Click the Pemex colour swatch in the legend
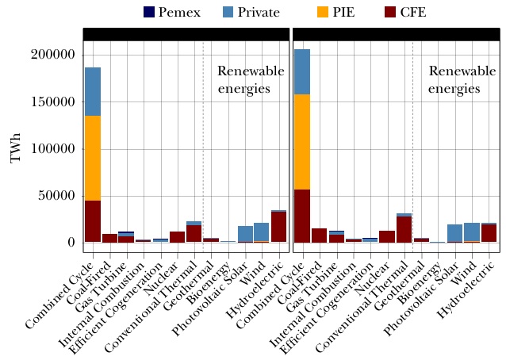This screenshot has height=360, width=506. tap(150, 12)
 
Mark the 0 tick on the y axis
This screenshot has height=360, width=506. tap(70, 243)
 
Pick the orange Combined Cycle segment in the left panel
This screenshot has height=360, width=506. tap(93, 158)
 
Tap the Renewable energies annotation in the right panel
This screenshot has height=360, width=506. tap(457, 79)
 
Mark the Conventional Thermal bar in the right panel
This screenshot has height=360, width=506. tap(404, 229)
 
